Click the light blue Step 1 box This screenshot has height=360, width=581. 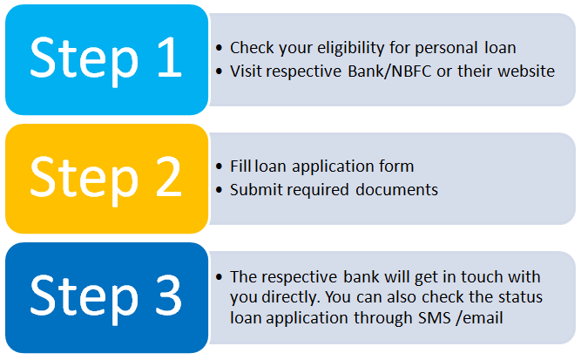[107, 59]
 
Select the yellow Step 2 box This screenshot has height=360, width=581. [107, 179]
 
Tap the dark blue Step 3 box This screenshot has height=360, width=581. [107, 298]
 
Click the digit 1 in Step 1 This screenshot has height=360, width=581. [170, 58]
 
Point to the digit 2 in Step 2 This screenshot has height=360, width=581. [169, 176]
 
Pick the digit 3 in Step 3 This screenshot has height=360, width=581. [169, 295]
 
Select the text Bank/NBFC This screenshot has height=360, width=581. [389, 71]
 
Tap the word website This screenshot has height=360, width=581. [526, 71]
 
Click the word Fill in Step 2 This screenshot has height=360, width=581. [240, 166]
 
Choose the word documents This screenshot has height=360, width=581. [396, 190]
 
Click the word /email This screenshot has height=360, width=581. [479, 318]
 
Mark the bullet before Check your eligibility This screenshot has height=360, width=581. [219, 48]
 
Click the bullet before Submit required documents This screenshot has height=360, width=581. [219, 190]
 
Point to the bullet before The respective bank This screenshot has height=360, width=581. [219, 277]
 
